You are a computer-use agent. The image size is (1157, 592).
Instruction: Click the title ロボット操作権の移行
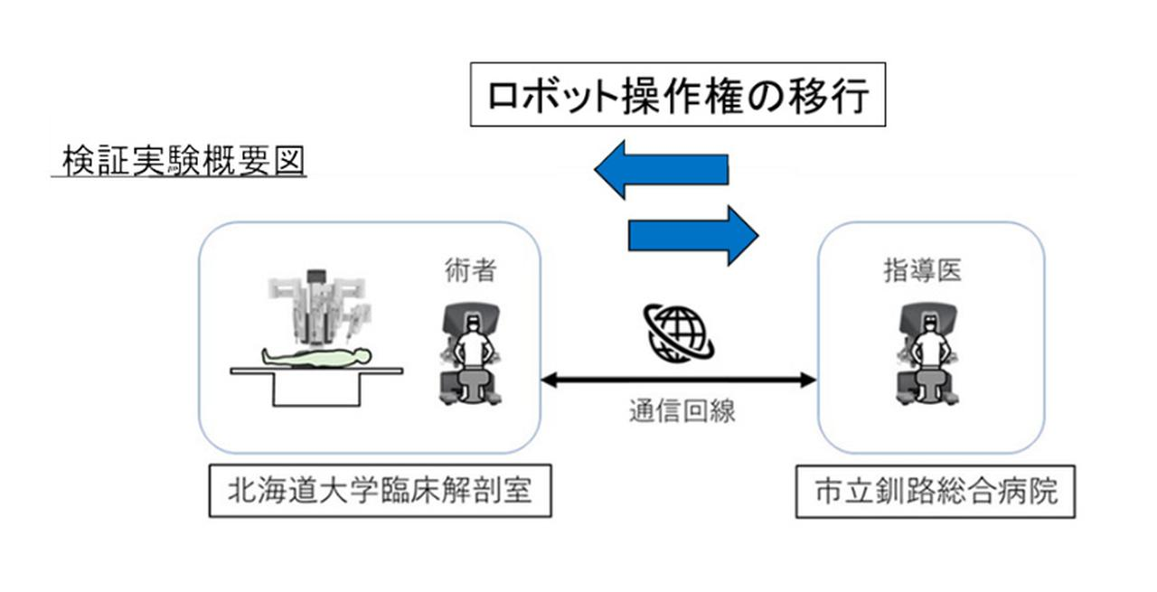click(677, 95)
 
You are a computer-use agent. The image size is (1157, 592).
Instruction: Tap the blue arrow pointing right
click(692, 235)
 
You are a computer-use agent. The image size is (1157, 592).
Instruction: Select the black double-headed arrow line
click(678, 381)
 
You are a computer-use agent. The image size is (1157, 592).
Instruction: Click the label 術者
click(470, 270)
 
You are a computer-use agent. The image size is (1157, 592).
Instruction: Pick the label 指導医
click(922, 270)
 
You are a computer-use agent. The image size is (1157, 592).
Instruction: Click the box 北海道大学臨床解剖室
click(380, 493)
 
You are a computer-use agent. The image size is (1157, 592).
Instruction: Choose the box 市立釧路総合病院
click(936, 493)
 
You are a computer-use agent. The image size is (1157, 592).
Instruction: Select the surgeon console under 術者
click(468, 355)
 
